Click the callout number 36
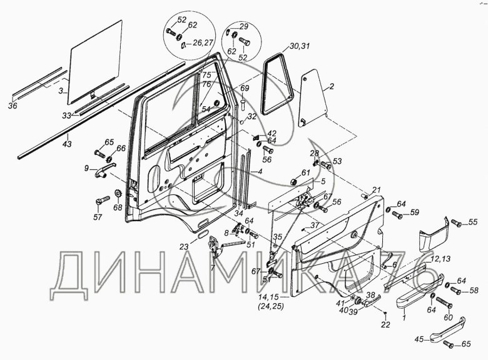(13, 105)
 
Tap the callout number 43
(67, 144)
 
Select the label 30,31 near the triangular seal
(299, 46)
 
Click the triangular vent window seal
(275, 84)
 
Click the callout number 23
(183, 246)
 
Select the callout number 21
(377, 189)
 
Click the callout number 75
(206, 74)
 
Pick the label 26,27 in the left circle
(201, 43)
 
